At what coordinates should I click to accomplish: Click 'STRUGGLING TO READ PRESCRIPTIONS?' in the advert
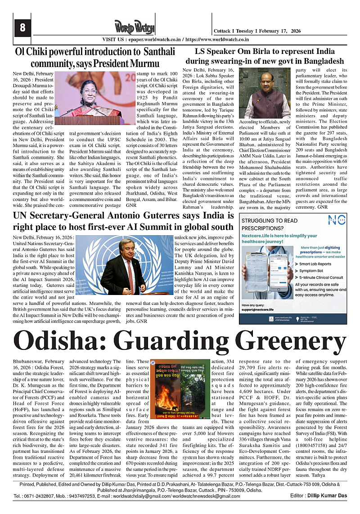coord(270,224)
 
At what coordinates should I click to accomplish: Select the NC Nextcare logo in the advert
coord(336,220)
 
